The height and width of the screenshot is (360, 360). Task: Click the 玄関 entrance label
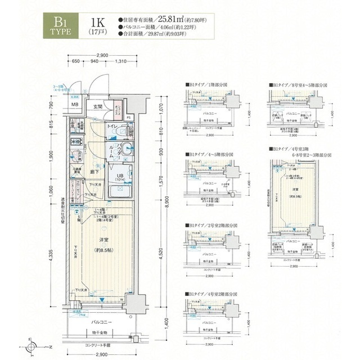click(x=98, y=106)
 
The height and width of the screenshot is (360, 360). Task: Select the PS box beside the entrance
click(x=129, y=118)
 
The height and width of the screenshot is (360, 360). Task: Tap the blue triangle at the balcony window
click(x=98, y=300)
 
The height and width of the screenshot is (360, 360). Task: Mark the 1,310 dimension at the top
click(x=119, y=62)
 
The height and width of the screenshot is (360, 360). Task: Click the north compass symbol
click(x=31, y=345)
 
